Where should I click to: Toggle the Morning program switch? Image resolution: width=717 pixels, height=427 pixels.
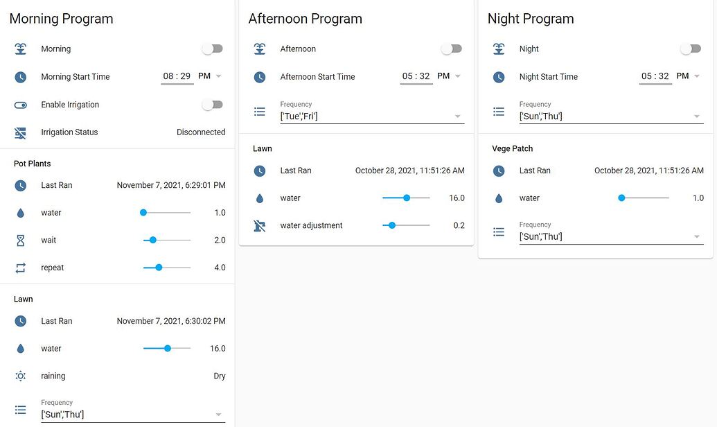pos(212,49)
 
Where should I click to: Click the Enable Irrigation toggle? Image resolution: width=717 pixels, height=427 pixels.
pos(212,105)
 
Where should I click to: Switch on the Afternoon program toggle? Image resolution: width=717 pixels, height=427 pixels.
pos(451,49)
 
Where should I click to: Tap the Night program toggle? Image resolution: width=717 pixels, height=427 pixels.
pos(690,49)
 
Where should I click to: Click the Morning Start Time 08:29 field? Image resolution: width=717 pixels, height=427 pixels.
pos(177,76)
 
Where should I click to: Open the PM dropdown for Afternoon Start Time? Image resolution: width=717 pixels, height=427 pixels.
pos(450,76)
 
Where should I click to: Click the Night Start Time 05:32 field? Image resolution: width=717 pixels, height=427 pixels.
pos(655,76)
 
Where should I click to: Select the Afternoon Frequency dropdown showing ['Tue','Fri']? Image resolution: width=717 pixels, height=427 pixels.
pos(371,116)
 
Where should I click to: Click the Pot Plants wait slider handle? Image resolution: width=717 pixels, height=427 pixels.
pos(153,240)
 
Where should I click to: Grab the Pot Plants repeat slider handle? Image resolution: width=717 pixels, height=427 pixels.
pos(159,268)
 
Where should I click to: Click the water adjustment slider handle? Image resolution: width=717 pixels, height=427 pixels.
pos(392,225)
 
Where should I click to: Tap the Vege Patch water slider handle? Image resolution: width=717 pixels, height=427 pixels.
pos(621,198)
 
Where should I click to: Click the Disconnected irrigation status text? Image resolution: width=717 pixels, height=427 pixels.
pos(201,132)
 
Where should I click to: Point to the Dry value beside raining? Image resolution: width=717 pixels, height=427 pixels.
pos(219,376)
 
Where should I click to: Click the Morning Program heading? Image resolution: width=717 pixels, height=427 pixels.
pos(61,19)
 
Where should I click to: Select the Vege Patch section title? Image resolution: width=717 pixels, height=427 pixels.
pos(512,148)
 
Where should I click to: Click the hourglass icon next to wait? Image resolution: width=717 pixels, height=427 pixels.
pos(21,240)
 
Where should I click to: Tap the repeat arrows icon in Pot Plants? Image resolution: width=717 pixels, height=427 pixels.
pos(21,268)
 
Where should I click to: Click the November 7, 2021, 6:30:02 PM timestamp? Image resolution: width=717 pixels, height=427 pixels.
pos(171,321)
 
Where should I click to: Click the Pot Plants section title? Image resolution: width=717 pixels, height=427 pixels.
pos(33,164)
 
